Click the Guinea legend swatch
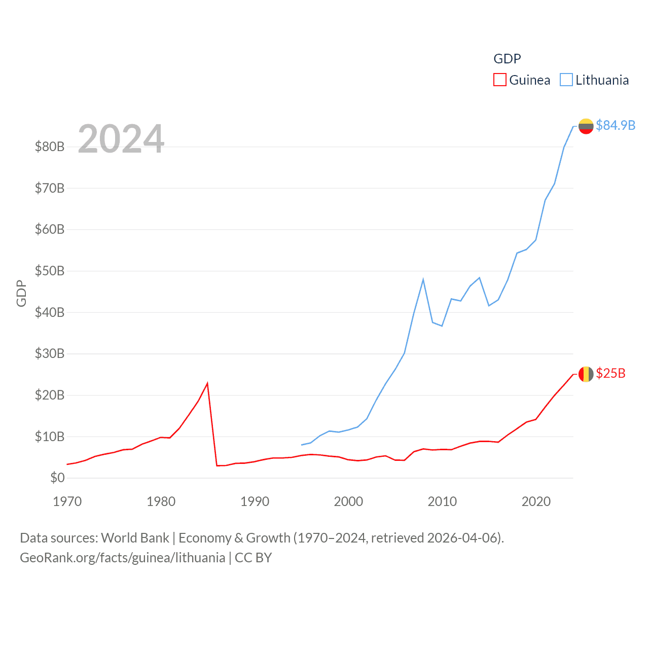499,80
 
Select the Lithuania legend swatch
566,80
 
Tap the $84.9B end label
615,125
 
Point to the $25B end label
610,374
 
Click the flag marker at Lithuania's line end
586,126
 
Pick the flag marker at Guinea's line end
586,374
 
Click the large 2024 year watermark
121,139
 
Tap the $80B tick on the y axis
50,147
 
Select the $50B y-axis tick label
50,271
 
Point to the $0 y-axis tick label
57,478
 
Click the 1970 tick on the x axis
67,501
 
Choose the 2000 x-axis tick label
348,501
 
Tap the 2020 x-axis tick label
536,501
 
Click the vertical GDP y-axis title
21,293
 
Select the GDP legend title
507,59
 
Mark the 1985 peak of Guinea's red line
207,383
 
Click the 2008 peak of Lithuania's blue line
423,279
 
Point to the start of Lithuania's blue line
302,445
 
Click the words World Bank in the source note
135,537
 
